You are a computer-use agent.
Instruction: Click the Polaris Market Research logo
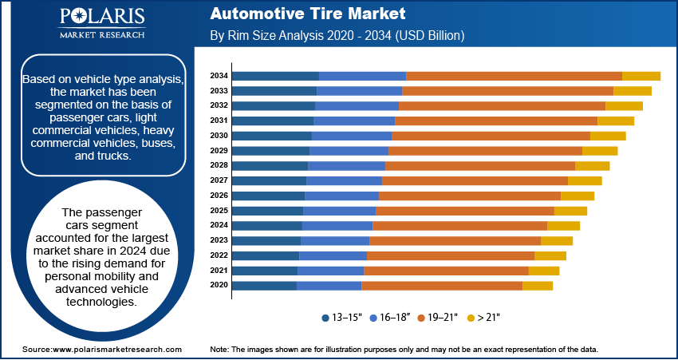click(x=101, y=24)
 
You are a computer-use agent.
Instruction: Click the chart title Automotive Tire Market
click(x=308, y=14)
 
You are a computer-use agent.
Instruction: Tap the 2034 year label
click(x=219, y=76)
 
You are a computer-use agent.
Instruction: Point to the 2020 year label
click(x=219, y=285)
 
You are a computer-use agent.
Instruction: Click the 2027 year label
click(x=219, y=180)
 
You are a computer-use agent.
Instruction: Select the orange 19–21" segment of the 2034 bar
click(x=514, y=76)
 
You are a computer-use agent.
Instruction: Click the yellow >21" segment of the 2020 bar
click(x=537, y=285)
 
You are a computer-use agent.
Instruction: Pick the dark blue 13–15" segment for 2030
click(x=271, y=136)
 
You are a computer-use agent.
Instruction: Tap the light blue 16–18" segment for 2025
click(x=339, y=211)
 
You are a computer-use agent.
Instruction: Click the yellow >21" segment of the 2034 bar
click(x=641, y=76)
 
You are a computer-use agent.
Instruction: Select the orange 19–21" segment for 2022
click(x=450, y=255)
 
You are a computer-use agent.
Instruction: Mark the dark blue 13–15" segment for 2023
click(x=266, y=240)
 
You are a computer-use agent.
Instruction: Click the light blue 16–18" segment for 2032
click(x=357, y=105)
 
